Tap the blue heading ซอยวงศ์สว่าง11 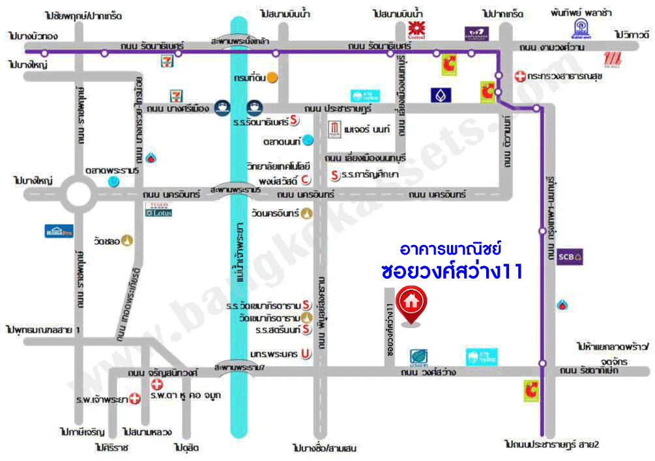[x=452, y=272]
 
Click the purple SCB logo [x=570, y=257]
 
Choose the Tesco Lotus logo [x=158, y=209]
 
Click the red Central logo [x=416, y=30]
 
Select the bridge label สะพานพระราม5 [x=236, y=189]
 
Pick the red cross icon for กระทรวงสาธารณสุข [x=519, y=76]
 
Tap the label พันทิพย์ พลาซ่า [x=578, y=13]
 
